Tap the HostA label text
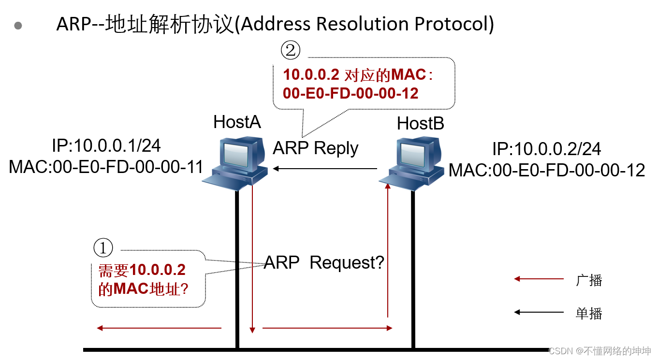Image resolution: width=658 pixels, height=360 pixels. [237, 122]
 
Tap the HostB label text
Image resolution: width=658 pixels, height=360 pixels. [420, 124]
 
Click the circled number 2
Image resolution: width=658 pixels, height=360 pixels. [290, 50]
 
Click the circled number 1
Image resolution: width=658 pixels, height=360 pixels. [103, 248]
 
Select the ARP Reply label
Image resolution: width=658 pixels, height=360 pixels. [315, 148]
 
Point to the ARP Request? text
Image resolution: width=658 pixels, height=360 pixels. [324, 262]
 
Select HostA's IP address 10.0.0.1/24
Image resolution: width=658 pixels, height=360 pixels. [106, 145]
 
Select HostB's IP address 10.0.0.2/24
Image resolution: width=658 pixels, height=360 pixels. [546, 149]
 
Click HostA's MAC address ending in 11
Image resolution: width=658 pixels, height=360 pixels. [106, 167]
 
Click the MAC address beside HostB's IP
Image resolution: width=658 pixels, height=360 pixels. [547, 170]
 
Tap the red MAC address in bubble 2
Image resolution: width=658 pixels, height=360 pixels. [351, 93]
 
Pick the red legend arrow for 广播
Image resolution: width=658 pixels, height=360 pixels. [539, 279]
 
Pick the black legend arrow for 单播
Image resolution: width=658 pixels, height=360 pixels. [539, 312]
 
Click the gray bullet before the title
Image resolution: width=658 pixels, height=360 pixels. [18, 26]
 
